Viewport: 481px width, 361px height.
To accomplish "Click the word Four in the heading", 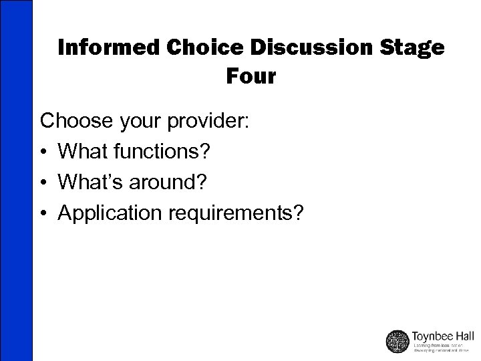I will click(251, 76).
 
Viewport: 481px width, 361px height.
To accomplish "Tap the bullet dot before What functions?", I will click(44, 152).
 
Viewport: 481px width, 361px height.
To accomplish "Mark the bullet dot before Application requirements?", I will click(44, 214).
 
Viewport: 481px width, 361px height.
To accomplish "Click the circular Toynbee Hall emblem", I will click(398, 340).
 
